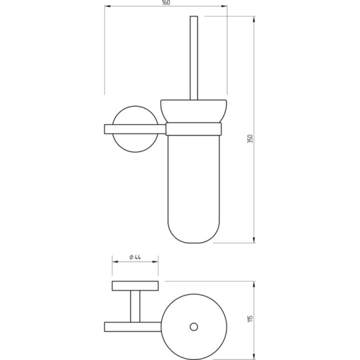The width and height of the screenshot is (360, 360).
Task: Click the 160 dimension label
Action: [166, 2]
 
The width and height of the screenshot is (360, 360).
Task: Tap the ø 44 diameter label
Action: [135, 257]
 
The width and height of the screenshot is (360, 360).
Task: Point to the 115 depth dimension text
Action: [250, 318]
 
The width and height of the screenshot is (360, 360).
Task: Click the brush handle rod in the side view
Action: [194, 58]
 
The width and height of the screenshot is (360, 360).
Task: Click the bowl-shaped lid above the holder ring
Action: [194, 111]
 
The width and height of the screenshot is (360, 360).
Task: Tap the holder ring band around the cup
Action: [194, 129]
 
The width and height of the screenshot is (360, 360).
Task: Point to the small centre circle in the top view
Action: [194, 326]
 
